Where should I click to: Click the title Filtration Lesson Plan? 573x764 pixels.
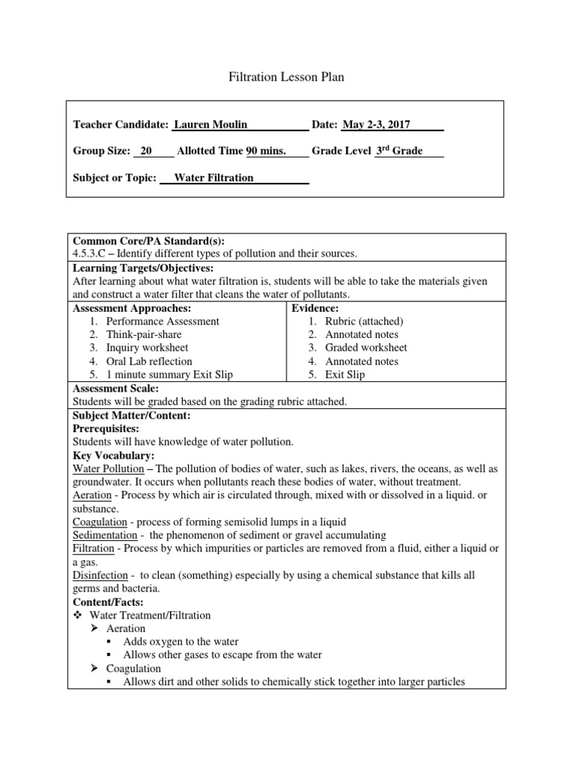point(286,77)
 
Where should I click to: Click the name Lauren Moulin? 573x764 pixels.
point(210,125)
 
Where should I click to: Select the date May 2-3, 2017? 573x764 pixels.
point(376,125)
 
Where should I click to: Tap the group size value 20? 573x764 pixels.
point(146,151)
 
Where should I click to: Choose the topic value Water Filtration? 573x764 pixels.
point(213,178)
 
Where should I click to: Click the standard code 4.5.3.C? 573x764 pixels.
point(94,254)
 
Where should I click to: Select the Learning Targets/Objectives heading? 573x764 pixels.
point(143,267)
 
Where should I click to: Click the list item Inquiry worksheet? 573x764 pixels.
point(147,348)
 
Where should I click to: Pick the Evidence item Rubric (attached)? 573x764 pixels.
point(364,321)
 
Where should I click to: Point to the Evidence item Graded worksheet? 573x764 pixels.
point(366,348)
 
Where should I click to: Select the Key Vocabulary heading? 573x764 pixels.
point(113,455)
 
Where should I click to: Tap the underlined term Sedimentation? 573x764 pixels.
point(105,536)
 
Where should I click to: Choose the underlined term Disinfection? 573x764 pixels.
point(101,576)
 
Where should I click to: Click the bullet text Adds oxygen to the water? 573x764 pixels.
point(181,642)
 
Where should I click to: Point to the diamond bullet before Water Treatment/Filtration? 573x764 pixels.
point(77,616)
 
